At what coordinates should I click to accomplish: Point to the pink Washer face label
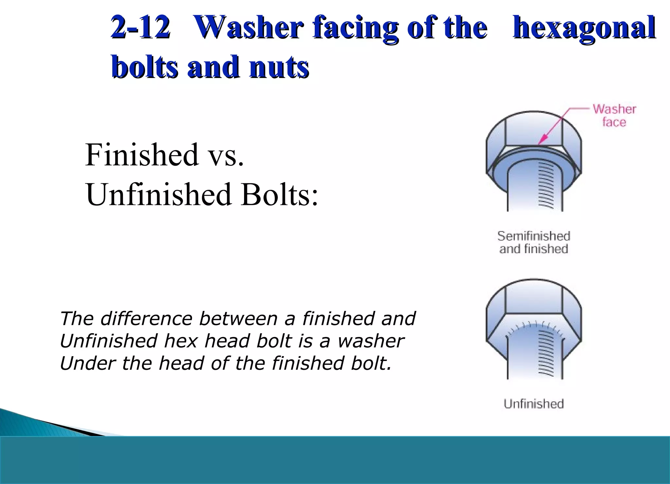tap(614, 115)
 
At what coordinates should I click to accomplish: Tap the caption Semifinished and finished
tap(534, 242)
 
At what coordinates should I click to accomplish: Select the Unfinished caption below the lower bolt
tap(534, 403)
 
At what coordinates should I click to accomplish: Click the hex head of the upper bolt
tap(534, 131)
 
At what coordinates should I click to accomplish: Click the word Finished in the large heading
tap(142, 154)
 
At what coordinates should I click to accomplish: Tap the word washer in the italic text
tap(371, 341)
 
